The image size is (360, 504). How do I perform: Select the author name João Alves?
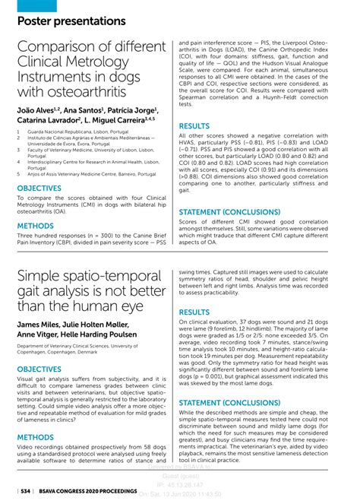click(x=39, y=110)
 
